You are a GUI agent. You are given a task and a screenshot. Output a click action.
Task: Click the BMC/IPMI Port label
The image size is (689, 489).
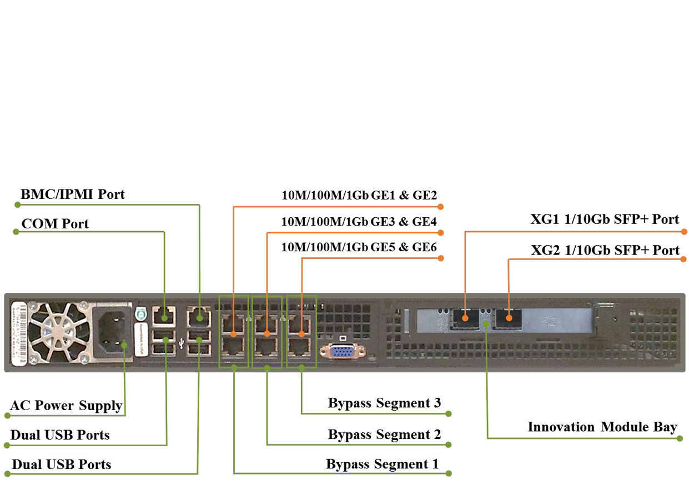pos(72,194)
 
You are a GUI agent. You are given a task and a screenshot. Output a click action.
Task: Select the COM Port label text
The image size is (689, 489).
pos(55,224)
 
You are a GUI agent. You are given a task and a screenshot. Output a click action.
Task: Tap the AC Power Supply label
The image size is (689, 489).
pos(66,406)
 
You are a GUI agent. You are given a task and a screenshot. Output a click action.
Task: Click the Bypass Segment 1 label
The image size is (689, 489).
pos(382,464)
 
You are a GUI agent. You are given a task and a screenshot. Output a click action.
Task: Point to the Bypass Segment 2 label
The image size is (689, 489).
pos(384,435)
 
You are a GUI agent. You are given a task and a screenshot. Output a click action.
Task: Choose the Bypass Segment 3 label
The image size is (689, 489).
pos(384,403)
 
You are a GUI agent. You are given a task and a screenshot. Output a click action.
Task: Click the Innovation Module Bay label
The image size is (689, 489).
pos(602,427)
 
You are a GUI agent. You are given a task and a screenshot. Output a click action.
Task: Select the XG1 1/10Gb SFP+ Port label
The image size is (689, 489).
pos(604,219)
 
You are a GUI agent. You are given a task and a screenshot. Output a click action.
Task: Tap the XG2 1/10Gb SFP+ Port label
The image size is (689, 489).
pos(605,251)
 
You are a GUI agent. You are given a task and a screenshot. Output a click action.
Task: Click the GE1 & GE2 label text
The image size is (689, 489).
pos(359,195)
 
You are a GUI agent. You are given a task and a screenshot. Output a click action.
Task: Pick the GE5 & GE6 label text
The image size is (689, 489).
pos(359,247)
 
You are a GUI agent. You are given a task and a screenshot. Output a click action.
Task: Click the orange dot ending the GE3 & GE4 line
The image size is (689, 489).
pos(441,232)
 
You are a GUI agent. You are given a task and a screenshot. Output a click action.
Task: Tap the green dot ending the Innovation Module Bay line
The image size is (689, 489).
pos(680,438)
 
